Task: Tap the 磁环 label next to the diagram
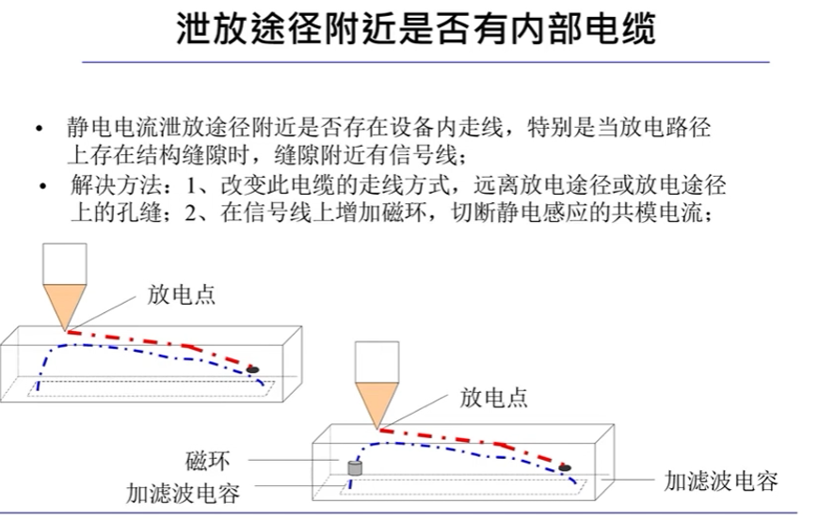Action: [207, 462]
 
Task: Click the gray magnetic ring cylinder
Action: [357, 467]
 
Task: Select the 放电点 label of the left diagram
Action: [182, 294]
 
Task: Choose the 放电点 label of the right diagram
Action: [493, 397]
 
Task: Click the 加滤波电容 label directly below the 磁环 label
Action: [184, 494]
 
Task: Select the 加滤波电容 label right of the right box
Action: [720, 481]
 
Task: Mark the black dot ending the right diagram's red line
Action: [565, 466]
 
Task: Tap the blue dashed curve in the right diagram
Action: [471, 445]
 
